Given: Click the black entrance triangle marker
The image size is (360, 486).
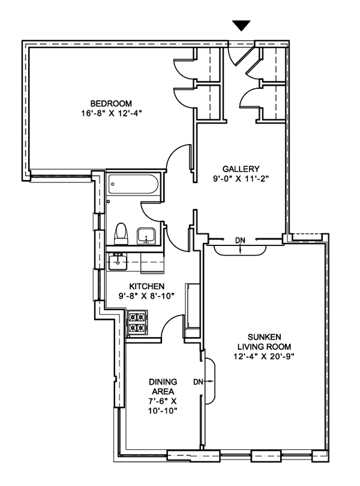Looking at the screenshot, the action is click(241, 25).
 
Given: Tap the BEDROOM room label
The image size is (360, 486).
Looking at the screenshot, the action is click(107, 102).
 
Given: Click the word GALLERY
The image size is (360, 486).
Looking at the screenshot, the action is click(240, 169).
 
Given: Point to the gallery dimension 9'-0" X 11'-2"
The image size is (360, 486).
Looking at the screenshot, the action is click(240, 178).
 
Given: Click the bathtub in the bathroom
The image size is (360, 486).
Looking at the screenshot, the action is click(133, 185).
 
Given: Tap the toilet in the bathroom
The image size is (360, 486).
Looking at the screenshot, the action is click(121, 233).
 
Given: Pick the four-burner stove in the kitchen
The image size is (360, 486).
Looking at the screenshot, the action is click(137, 323).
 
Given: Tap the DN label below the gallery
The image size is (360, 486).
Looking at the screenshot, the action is click(240, 241).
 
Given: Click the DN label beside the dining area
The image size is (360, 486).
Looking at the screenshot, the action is click(198, 380).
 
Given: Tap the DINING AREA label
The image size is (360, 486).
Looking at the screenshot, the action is click(162, 387).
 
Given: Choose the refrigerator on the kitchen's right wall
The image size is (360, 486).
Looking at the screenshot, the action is click(193, 307).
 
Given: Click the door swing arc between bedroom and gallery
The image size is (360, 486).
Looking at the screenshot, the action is click(178, 162).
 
